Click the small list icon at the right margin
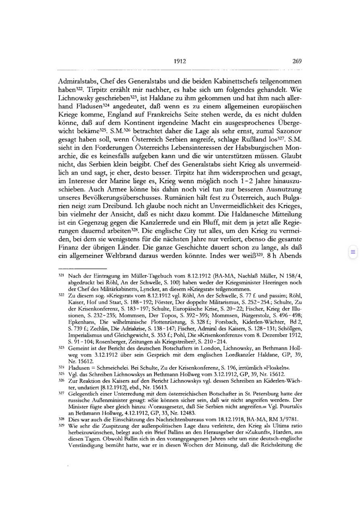(353, 252)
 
